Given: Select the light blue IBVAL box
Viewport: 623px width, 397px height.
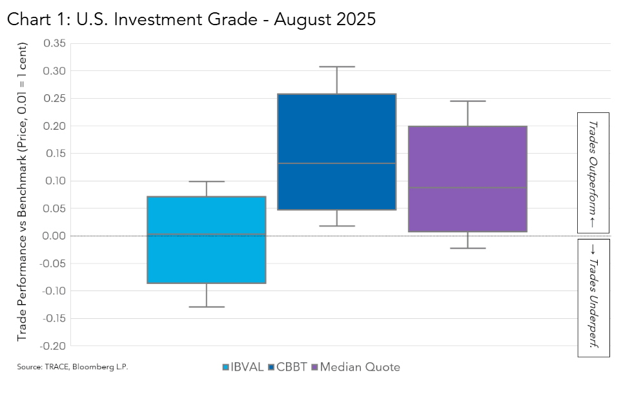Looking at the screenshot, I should point(207,239).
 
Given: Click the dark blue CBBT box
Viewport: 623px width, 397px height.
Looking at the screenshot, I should point(336,152).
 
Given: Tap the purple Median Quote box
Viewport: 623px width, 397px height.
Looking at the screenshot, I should point(467,179).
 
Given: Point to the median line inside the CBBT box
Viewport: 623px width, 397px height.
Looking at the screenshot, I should point(336,163).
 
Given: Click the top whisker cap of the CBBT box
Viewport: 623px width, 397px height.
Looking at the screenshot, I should point(336,66).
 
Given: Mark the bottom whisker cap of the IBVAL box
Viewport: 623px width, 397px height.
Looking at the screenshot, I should point(207,307).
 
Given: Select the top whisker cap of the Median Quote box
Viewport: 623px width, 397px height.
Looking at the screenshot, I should point(467,101).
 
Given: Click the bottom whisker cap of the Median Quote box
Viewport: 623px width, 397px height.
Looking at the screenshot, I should point(467,248).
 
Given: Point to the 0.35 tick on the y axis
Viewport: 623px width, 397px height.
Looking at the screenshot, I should point(54,43).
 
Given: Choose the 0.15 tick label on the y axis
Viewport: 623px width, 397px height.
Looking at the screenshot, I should point(54,153).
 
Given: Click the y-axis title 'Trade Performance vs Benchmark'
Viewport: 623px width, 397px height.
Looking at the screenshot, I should point(23,192).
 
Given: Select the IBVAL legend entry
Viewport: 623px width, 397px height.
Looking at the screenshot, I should point(243,367).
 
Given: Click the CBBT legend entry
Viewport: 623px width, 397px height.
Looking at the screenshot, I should point(287,367).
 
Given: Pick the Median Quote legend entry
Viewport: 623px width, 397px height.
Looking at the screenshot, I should point(356,367).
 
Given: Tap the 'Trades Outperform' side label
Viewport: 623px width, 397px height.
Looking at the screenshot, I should point(593,172).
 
